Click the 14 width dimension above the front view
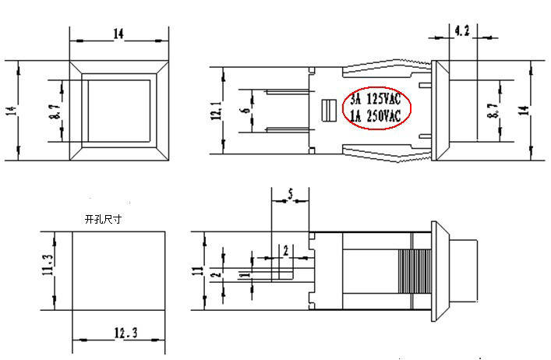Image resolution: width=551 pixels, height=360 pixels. [x=118, y=34]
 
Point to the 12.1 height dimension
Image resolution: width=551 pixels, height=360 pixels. [x=216, y=110]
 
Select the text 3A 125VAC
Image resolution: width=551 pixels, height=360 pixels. [x=376, y=101]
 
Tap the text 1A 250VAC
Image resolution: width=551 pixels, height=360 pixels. [x=376, y=117]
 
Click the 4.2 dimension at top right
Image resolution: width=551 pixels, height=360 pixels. [x=461, y=31]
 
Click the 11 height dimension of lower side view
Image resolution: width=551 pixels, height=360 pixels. [x=199, y=272]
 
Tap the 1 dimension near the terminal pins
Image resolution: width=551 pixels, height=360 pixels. [x=244, y=274]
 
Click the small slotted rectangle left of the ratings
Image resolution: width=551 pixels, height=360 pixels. [x=327, y=111]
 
